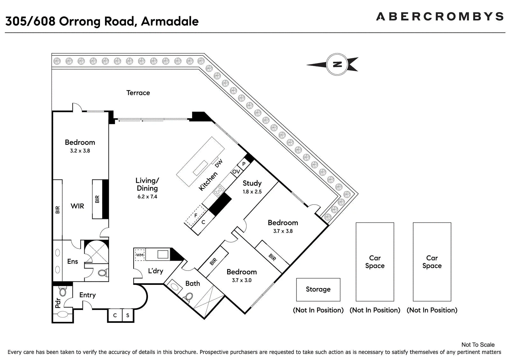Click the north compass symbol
337,65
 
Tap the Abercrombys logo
440,17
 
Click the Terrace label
138,93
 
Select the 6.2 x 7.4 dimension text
147,196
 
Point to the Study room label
252,183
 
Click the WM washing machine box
140,255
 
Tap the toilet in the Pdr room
63,291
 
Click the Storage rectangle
318,290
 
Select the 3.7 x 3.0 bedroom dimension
241,280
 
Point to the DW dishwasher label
219,164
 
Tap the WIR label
77,206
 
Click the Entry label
87,295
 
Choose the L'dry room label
156,271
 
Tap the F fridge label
196,215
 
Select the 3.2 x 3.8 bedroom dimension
80,151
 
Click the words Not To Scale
478,345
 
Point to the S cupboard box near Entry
128,315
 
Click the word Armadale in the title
170,21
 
